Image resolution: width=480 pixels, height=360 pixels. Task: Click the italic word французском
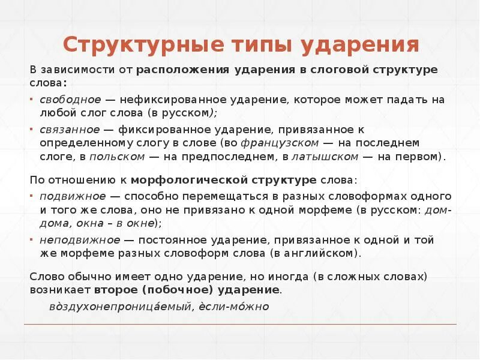coord(279,143)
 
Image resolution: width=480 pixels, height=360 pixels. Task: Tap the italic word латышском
coord(325,157)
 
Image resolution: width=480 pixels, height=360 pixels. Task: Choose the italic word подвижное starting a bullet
coord(73,196)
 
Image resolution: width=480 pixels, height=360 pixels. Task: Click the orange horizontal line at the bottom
coord(240,325)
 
